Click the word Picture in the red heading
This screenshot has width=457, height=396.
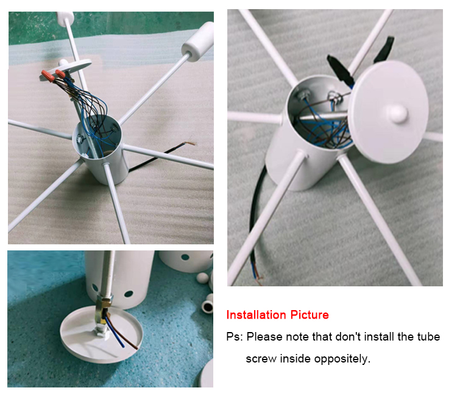(310, 315)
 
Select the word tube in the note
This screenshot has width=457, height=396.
(429, 337)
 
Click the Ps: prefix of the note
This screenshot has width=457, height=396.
(235, 337)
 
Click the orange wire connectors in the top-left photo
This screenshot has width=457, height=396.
(53, 76)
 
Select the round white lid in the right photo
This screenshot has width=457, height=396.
(389, 112)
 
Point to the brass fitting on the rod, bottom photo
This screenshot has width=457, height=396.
(104, 309)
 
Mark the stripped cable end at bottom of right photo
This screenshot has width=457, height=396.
(257, 274)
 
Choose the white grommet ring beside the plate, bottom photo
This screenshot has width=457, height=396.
(207, 306)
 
